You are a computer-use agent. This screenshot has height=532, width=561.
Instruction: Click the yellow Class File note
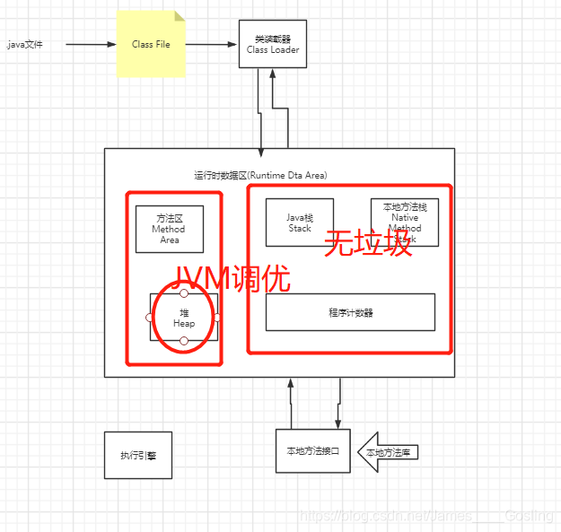pos(151,44)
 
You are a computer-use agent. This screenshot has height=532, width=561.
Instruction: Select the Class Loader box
pos(273,44)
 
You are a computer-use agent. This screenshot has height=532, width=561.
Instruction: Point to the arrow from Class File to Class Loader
pos(212,44)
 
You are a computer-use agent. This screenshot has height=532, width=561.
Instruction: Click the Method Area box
pos(169,229)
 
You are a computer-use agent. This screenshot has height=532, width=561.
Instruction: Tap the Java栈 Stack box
pos(299,222)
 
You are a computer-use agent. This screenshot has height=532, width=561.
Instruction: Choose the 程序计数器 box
pos(350,312)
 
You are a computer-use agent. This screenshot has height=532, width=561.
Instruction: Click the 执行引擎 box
pos(137,455)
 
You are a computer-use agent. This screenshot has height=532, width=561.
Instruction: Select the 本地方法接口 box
pos(312,450)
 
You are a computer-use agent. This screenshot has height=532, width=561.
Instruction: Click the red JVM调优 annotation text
pos(231,277)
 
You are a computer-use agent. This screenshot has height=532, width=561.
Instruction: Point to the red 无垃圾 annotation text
pos(367,243)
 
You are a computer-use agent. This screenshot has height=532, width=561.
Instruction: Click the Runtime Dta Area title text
pos(260,175)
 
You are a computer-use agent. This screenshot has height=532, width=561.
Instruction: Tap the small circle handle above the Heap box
pos(184,293)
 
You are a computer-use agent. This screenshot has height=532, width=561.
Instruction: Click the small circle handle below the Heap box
pos(184,341)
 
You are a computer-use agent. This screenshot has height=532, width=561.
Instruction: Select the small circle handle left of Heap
pos(151,318)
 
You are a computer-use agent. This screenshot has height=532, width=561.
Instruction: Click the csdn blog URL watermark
pos(426,516)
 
